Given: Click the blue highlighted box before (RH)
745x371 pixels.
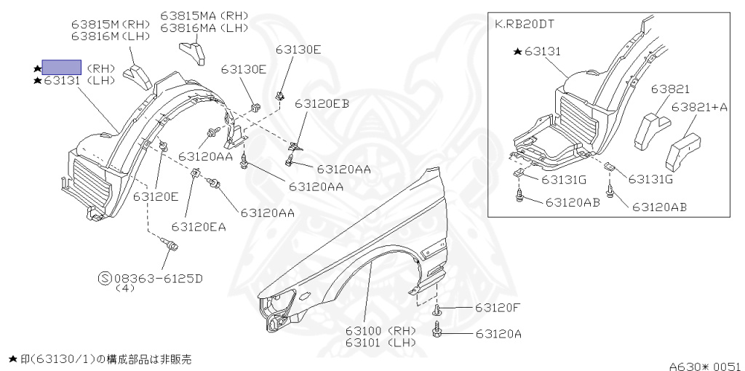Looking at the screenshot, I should click(x=61, y=68).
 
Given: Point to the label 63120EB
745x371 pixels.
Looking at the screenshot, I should click(x=322, y=104).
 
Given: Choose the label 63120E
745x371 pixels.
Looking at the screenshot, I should click(x=155, y=196).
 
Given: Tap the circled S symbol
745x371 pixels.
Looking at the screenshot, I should click(x=105, y=277).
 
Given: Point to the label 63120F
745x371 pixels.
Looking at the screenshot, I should click(x=498, y=308).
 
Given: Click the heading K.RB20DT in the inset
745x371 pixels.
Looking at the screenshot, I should click(x=524, y=23).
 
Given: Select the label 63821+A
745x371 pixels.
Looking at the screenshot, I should click(x=699, y=107).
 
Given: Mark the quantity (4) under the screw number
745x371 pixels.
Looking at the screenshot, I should click(x=125, y=288).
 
